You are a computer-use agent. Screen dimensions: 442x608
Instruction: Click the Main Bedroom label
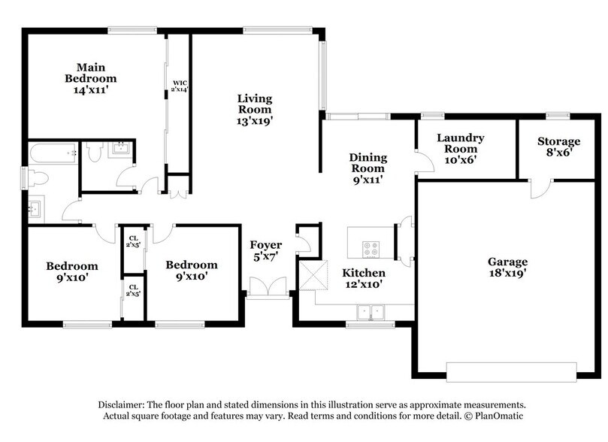point(90,78)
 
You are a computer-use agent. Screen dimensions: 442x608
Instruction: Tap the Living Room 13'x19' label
point(255,109)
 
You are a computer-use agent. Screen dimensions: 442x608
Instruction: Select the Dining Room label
point(368,168)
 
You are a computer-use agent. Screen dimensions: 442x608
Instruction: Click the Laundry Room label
point(460,149)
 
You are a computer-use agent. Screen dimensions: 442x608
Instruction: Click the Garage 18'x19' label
point(507,268)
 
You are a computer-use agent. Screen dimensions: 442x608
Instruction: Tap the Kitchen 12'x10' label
point(364,278)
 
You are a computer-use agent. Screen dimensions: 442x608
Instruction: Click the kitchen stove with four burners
point(372,247)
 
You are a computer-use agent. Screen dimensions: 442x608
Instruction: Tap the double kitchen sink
point(370,311)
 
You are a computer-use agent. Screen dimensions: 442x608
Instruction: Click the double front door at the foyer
point(267,288)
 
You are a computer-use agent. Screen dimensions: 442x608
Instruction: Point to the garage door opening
point(512,371)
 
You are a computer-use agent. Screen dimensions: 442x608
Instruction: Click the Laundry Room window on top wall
point(431,116)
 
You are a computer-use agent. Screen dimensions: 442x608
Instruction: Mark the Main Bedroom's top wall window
point(132,30)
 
